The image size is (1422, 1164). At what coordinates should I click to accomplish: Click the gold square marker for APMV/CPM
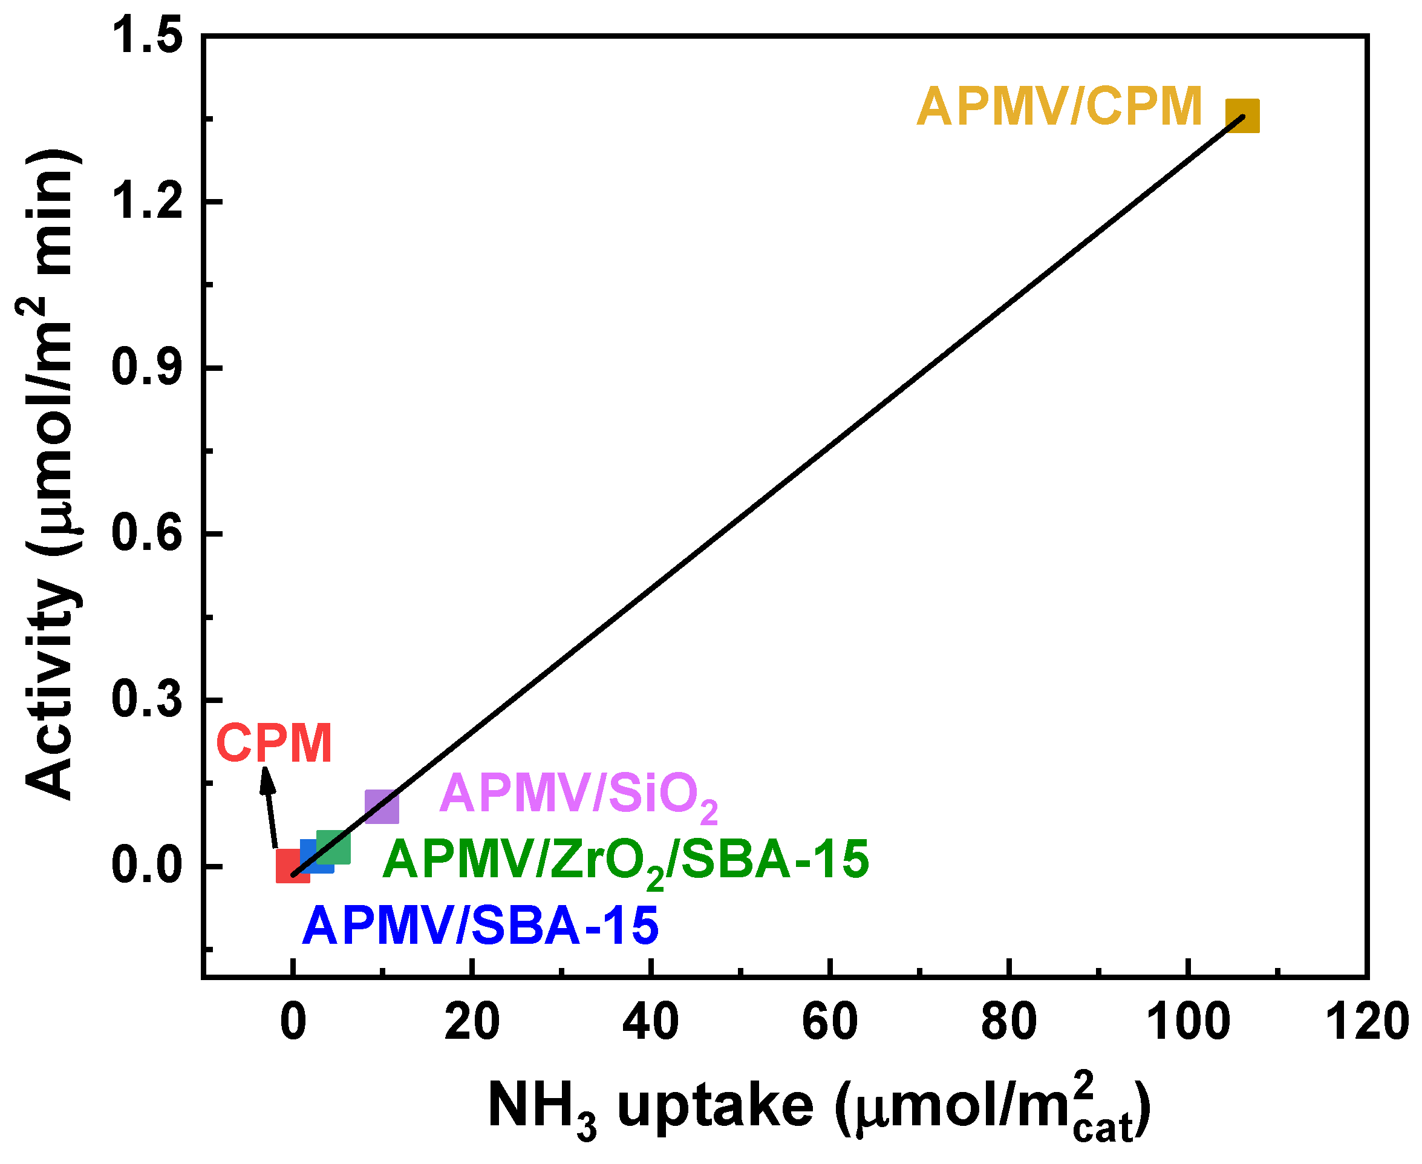coord(1242,116)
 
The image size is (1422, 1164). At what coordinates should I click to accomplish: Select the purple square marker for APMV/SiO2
coord(382,806)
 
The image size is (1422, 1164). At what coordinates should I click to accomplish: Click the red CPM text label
coord(274,744)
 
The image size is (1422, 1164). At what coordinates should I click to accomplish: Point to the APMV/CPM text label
coord(1058,106)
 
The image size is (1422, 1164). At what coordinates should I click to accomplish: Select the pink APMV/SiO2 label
coord(577,795)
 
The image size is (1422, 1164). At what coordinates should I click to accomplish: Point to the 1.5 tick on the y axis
coord(147,36)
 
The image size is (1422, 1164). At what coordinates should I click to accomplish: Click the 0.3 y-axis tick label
coord(147,699)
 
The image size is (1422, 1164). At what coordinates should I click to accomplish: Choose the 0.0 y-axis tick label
coord(147,866)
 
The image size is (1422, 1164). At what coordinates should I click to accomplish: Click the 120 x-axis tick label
coord(1366,1023)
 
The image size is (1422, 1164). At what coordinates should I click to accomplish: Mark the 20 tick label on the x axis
coord(472,1023)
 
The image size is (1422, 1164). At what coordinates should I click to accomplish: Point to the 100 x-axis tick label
coord(1187,1023)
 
